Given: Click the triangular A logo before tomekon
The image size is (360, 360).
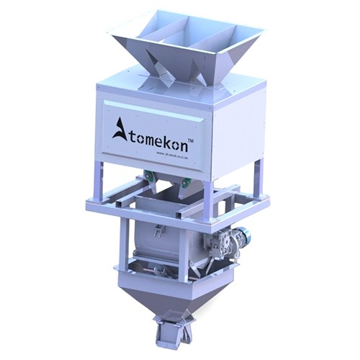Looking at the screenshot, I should click(119, 130).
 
